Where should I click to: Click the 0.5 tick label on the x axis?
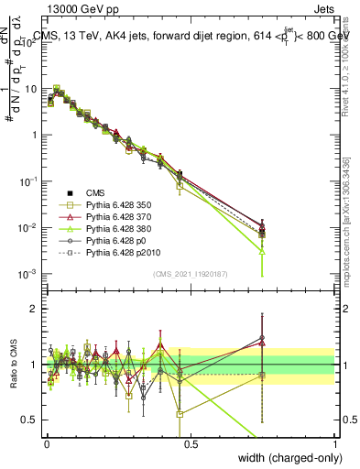(x=191, y=443)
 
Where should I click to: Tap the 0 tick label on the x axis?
(x=47, y=443)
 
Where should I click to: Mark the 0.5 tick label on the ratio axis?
(x=27, y=420)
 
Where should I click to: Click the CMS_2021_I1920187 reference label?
(x=191, y=273)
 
